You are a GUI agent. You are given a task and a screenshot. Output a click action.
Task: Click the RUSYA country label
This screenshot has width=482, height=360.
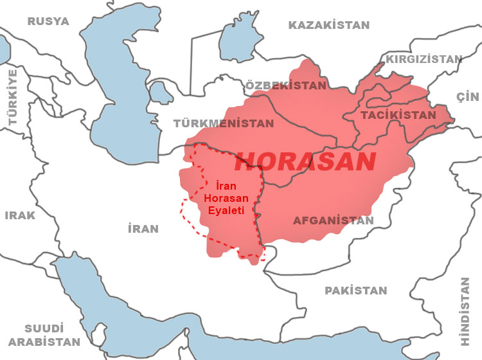[48, 21]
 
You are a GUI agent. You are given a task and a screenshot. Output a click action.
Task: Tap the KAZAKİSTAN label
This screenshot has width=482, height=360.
[329, 26]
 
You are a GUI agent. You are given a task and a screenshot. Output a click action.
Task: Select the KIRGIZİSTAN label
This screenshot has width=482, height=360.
[424, 59]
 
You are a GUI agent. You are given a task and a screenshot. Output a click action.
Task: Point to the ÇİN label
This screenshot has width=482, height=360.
[468, 96]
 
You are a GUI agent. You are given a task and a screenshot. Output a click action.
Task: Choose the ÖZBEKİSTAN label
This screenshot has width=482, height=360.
[286, 85]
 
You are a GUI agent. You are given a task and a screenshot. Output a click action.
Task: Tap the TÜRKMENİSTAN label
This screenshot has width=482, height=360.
[224, 123]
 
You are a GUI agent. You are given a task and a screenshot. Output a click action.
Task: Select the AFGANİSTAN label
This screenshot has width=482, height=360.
[333, 221]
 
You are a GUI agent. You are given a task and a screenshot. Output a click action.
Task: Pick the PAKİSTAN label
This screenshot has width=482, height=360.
[356, 291]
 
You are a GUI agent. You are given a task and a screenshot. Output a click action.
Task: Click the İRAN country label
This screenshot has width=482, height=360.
[143, 229]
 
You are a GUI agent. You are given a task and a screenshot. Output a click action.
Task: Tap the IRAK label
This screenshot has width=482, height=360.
[20, 215]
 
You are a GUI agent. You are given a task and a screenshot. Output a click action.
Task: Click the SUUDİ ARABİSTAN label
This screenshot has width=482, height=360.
[44, 335]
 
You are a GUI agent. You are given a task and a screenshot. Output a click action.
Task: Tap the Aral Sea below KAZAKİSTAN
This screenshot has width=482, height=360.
[240, 40]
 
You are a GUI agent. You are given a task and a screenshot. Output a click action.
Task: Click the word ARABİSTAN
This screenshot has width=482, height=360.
[44, 342]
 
